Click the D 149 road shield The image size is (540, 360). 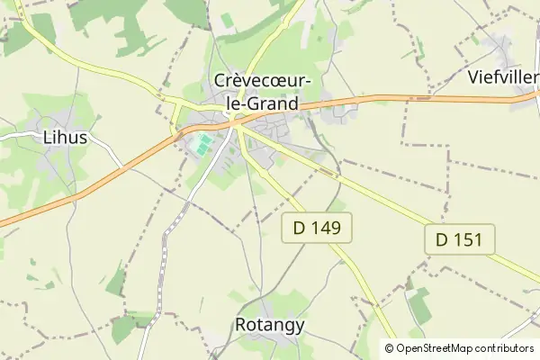[x=317, y=229]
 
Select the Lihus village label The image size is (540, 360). [x=66, y=139]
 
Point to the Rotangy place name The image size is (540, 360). [x=270, y=325]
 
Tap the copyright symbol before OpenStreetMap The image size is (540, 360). [x=390, y=348]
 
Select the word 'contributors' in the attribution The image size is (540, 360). [x=505, y=348]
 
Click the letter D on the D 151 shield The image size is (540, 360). [x=442, y=239]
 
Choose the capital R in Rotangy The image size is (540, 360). [x=241, y=325]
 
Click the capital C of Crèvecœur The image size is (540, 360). [x=221, y=81]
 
